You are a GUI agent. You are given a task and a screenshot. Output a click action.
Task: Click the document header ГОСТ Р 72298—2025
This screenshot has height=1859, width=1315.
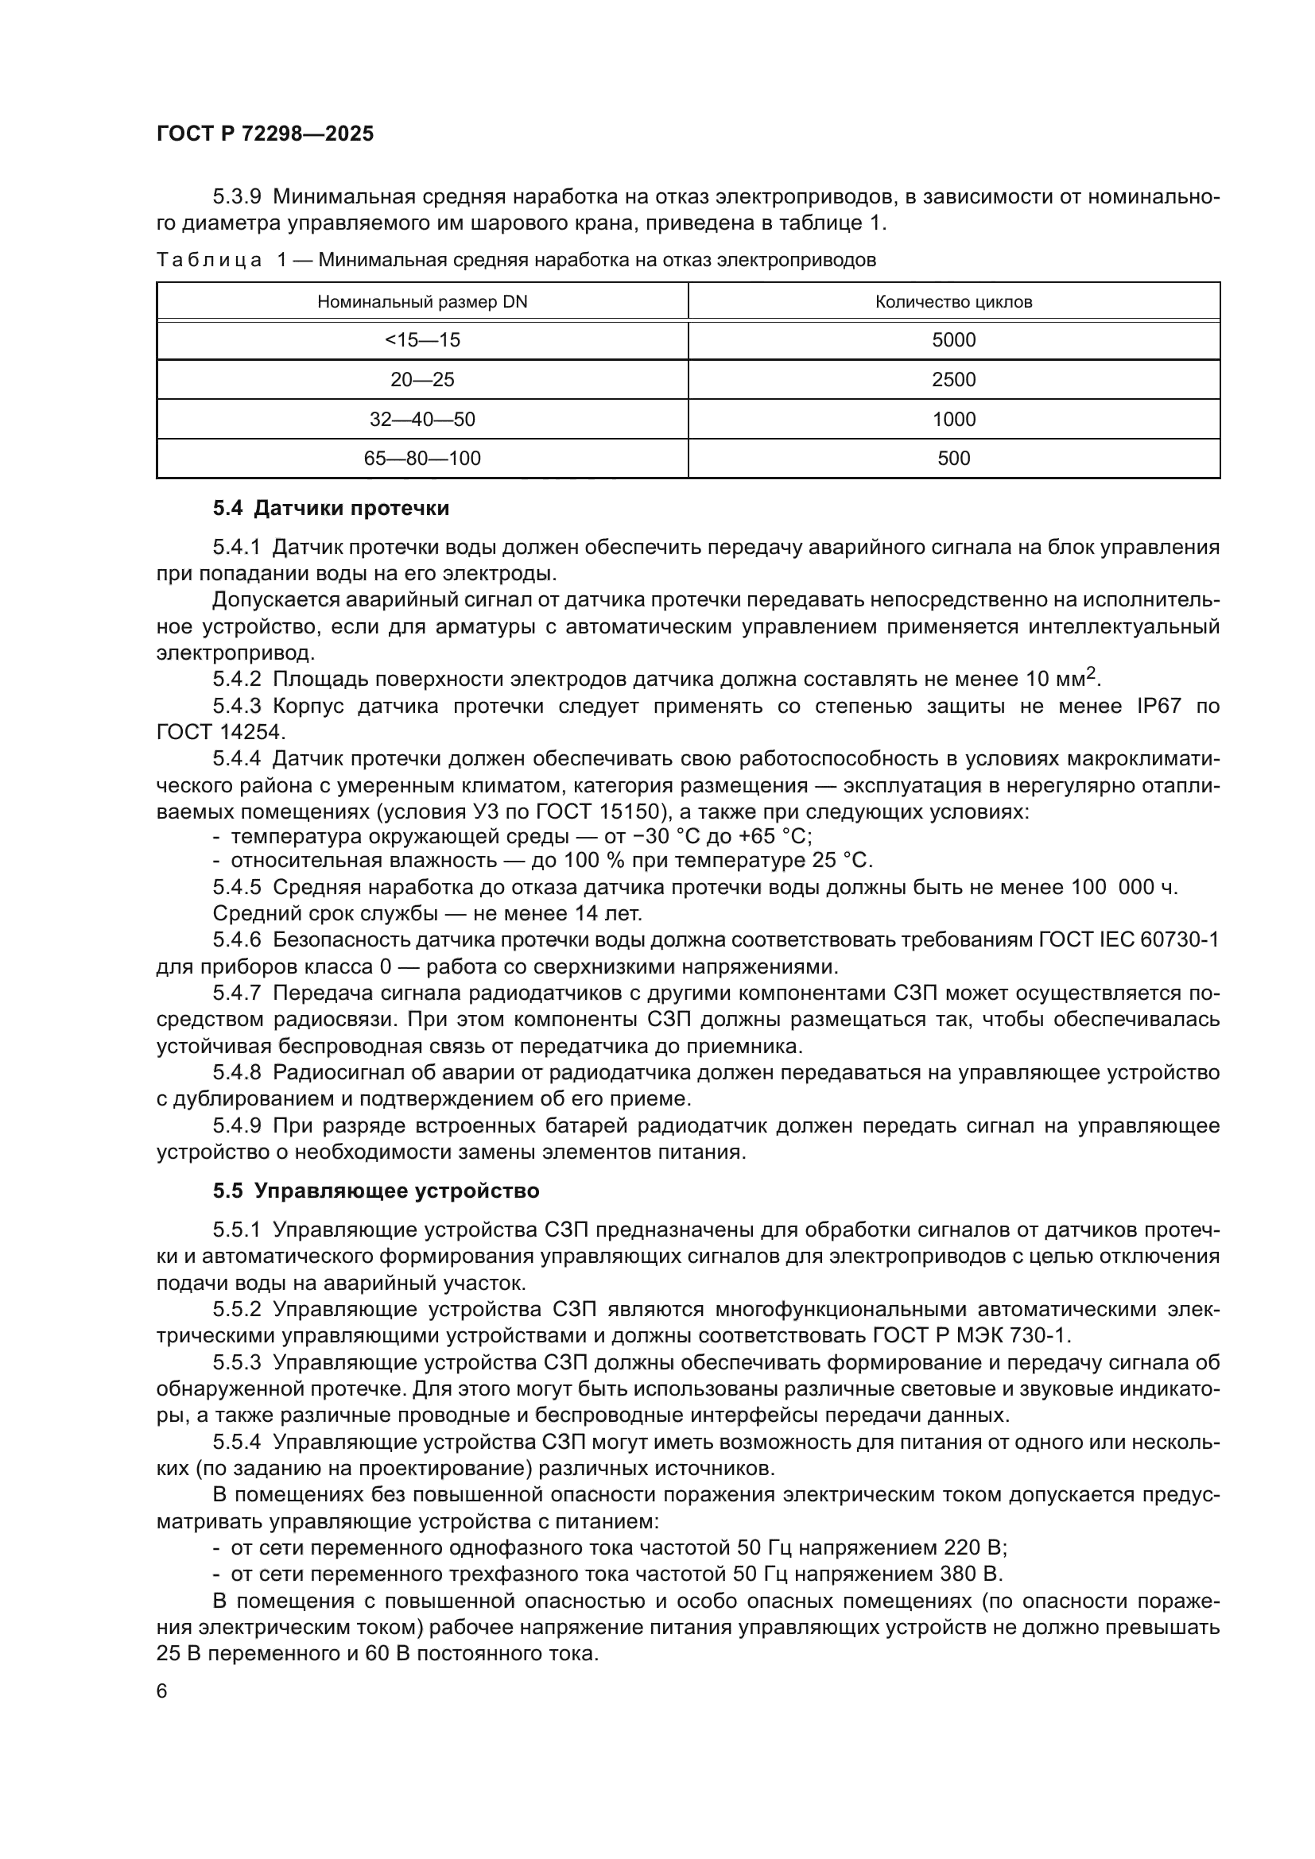coord(265,134)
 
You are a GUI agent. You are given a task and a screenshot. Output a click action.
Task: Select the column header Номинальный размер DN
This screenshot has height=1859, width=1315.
coord(422,302)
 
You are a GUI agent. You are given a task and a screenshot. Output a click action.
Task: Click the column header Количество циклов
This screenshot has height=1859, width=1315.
coord(953,302)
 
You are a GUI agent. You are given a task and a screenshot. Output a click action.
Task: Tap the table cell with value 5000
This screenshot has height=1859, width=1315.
coord(953,340)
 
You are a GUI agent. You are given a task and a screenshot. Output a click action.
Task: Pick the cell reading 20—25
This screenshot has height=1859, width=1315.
coord(422,380)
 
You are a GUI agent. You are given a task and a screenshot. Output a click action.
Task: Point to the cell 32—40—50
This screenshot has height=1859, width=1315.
coord(422,420)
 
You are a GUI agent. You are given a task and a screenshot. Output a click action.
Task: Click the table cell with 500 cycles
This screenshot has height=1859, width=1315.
coord(953,459)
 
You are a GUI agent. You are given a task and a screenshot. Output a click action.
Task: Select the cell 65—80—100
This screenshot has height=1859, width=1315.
coord(422,459)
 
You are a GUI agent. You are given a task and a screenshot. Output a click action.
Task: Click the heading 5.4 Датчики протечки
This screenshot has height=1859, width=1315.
coord(331,509)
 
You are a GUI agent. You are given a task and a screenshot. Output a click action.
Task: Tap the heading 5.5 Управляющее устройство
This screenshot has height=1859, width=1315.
coord(376,1191)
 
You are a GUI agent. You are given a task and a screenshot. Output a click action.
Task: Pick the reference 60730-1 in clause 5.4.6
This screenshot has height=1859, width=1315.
coord(1179,940)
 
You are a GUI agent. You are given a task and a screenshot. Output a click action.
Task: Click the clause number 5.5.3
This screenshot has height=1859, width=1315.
coord(236,1363)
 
